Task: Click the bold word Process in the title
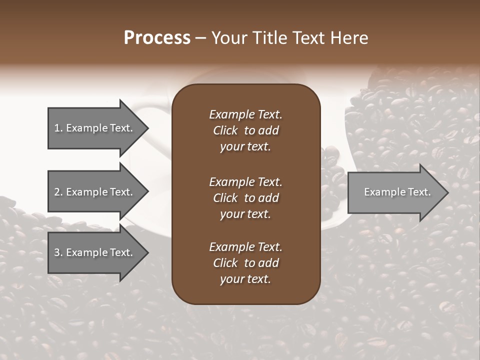point(157,38)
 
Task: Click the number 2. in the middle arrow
point(58,192)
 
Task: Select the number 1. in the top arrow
point(58,128)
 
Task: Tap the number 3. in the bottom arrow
point(58,252)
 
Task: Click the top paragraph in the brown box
point(245,130)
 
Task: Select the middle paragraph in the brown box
point(245,198)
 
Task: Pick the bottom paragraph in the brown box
point(245,263)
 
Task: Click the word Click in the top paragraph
point(225,130)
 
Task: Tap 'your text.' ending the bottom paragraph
point(245,279)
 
